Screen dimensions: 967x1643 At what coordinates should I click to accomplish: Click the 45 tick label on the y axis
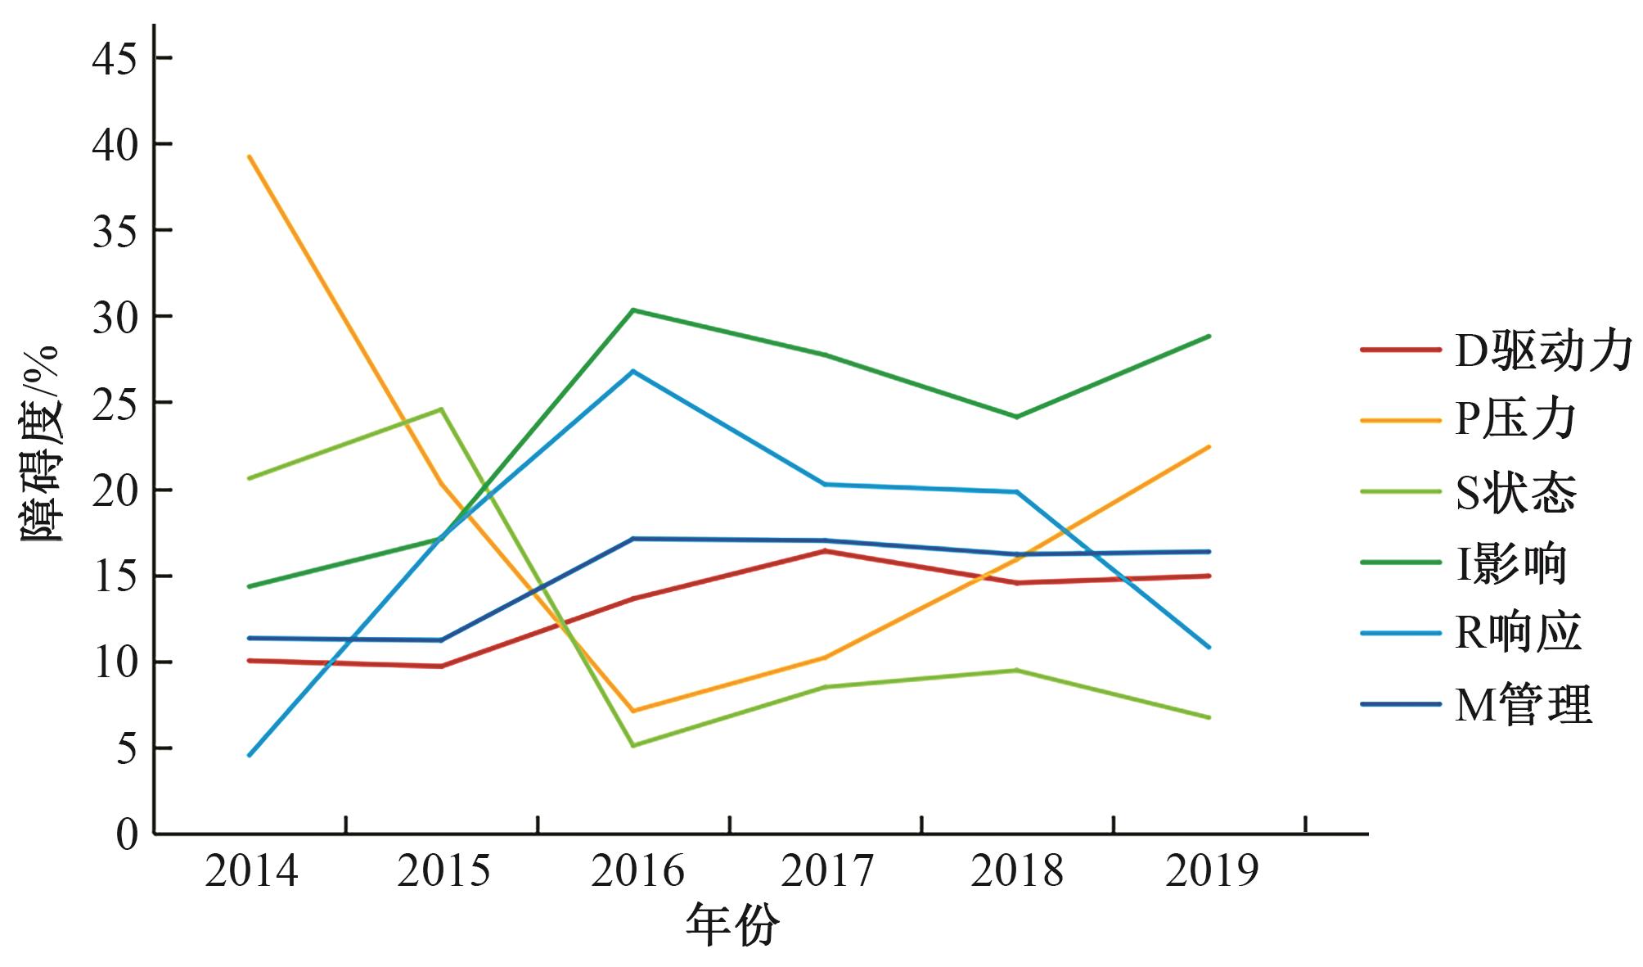pos(115,58)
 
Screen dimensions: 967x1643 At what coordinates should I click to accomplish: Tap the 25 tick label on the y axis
pos(115,403)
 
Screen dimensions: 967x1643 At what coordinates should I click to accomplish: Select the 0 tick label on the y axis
pos(127,834)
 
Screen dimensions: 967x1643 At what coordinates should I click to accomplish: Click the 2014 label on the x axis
pos(251,871)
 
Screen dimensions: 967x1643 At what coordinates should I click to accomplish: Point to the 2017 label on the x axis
pos(827,871)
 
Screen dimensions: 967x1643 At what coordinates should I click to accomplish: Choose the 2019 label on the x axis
pos(1211,871)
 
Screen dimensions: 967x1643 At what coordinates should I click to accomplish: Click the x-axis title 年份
pos(732,926)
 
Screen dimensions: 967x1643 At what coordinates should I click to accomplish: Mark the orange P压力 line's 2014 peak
pos(249,156)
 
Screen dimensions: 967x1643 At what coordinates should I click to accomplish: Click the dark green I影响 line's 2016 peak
pos(633,310)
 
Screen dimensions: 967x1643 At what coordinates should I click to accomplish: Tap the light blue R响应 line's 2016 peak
pos(633,371)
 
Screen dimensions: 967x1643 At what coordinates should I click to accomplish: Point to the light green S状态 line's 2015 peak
pos(442,409)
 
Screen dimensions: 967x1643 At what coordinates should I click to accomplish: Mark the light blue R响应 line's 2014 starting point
pos(249,755)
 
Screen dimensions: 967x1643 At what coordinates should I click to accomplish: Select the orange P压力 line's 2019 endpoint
pos(1209,446)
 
